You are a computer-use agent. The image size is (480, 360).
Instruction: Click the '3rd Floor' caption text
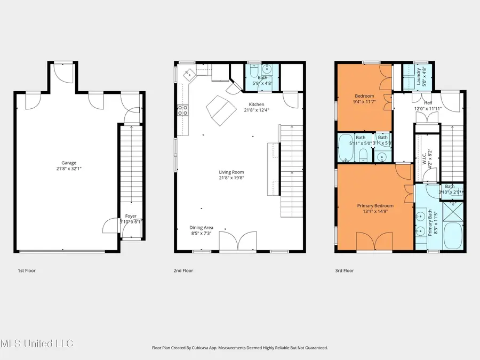(344, 270)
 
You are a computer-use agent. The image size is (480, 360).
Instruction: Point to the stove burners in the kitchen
(182, 110)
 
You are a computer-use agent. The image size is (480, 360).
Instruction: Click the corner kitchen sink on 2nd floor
(188, 77)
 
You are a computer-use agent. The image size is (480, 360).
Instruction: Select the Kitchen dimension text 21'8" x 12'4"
(257, 110)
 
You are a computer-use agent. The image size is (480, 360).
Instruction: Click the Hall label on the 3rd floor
(428, 102)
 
